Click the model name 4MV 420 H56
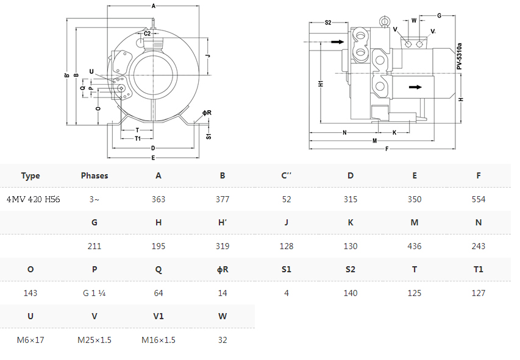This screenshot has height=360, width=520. click(x=33, y=199)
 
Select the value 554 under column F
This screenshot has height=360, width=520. click(x=478, y=199)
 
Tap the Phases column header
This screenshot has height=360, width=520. click(x=94, y=175)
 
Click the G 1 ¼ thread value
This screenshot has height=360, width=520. click(x=94, y=293)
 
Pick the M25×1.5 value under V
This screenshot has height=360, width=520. click(x=94, y=340)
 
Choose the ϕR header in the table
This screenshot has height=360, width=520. click(x=223, y=269)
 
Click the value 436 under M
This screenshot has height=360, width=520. click(x=414, y=246)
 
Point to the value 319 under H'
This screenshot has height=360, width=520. click(x=223, y=246)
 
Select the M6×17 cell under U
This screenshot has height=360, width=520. click(x=30, y=340)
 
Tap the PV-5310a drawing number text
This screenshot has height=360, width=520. click(x=459, y=56)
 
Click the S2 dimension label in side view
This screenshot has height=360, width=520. click(x=328, y=23)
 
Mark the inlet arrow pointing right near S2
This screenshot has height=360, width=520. click(x=338, y=42)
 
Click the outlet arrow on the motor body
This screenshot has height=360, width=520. click(x=415, y=87)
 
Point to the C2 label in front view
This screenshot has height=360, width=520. click(x=148, y=34)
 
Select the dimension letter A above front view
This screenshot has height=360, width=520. click(x=153, y=6)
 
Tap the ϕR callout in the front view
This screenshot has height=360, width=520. click(x=207, y=113)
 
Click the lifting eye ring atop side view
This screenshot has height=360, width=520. click(x=385, y=21)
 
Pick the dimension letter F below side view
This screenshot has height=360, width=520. click(x=386, y=149)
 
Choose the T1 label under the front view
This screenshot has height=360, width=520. click(x=138, y=138)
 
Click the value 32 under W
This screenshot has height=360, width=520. click(x=223, y=340)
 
